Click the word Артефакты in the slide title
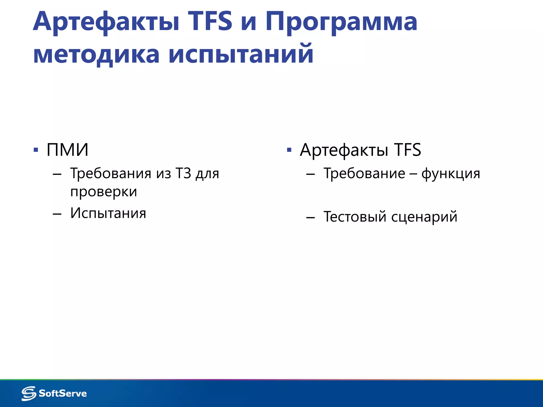pos(106,22)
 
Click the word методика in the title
pos(96,54)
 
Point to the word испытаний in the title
pos(241,54)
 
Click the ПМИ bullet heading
pos(67,150)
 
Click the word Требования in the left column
pos(111,174)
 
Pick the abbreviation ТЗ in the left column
pos(183,174)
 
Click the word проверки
pos(104,192)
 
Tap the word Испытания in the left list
pos(108,213)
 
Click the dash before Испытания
pos(57,214)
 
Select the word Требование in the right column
pos(364,174)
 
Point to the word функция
pos(451,174)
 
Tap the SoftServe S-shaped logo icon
pos(29,393)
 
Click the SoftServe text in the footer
pos(63,393)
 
